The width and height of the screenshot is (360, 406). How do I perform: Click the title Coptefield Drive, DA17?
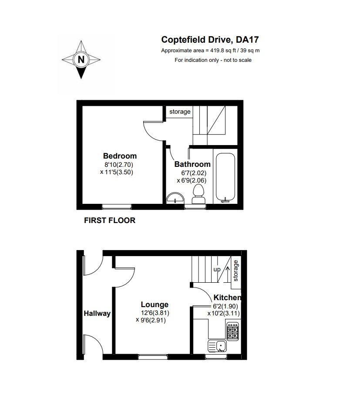coord(210,40)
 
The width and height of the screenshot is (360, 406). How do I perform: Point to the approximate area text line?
coord(210,51)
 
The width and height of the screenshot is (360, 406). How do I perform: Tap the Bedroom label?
coord(120,156)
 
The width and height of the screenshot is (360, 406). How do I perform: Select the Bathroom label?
coord(192,164)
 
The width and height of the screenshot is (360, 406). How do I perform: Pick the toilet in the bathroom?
coord(198,193)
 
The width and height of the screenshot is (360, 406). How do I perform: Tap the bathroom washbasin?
coord(175,198)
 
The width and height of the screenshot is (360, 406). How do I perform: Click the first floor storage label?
coord(180,112)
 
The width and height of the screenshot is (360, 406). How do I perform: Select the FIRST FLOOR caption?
coord(109,220)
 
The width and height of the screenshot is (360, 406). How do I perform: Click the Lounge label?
coord(155,304)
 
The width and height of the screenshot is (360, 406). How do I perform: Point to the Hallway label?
coord(97,313)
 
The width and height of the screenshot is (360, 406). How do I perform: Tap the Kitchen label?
coord(227,298)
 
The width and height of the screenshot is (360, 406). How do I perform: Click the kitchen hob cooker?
coord(232,331)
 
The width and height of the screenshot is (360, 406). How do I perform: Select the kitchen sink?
coord(217,346)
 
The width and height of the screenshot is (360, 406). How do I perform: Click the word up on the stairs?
coord(217,269)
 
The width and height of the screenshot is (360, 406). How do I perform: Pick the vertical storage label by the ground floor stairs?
coord(236,271)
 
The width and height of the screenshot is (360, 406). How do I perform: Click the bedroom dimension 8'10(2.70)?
coord(118,165)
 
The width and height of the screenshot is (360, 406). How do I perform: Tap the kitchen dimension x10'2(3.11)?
coord(224,313)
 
